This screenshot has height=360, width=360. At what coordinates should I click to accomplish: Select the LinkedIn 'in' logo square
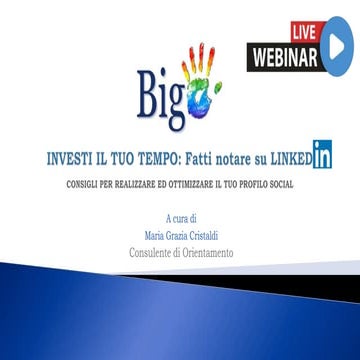(x=323, y=155)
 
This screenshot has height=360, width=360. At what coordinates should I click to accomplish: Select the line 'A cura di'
(x=181, y=217)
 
